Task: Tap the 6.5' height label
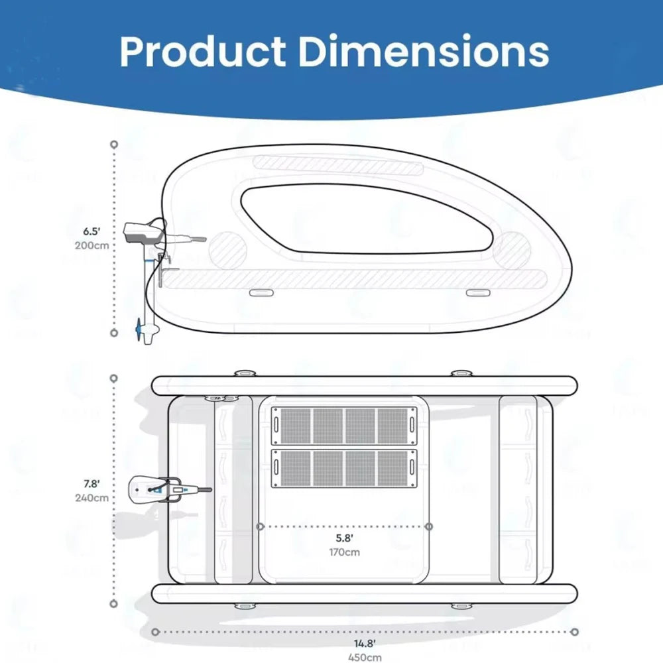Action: click(x=91, y=231)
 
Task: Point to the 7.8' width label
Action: click(x=91, y=484)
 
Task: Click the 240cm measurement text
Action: click(x=92, y=498)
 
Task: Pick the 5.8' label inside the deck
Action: click(x=343, y=538)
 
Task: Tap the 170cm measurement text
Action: click(x=344, y=552)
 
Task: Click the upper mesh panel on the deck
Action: click(x=343, y=426)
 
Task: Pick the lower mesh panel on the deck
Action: click(x=343, y=467)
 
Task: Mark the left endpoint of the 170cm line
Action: click(x=260, y=526)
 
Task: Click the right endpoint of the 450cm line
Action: click(x=574, y=632)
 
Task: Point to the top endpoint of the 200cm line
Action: click(x=114, y=144)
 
